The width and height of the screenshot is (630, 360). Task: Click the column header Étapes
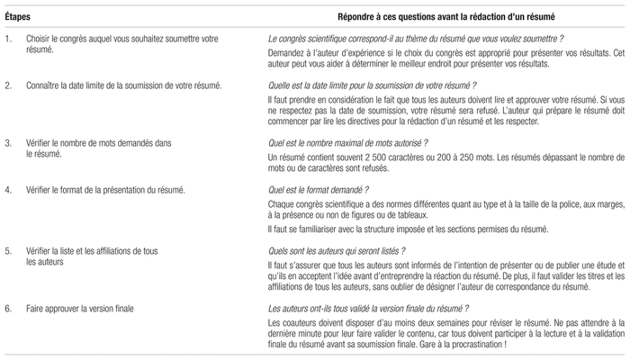click(16, 17)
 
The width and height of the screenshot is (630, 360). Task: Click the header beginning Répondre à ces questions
click(433, 17)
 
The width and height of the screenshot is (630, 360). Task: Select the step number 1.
click(7, 40)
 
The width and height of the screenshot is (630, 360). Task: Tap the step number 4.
click(7, 190)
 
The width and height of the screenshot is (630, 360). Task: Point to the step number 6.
click(7, 309)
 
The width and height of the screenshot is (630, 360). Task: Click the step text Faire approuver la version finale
click(81, 309)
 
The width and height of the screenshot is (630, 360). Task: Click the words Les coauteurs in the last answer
click(292, 322)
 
